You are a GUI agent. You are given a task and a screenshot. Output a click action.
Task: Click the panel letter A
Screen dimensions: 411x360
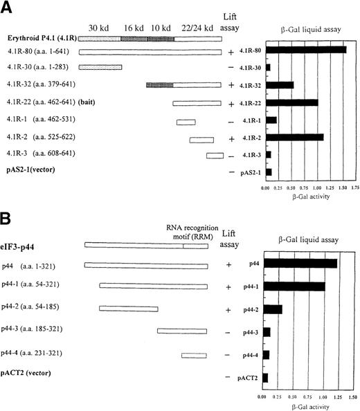[8, 8]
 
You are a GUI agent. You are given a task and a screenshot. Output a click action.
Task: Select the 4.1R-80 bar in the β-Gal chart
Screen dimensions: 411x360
[305, 50]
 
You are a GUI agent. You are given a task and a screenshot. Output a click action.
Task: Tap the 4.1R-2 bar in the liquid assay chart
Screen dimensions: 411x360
[294, 137]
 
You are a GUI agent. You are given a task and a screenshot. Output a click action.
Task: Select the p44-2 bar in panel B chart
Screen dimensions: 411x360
[272, 309]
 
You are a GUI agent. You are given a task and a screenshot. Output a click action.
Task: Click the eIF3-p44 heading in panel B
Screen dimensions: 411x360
[24, 245]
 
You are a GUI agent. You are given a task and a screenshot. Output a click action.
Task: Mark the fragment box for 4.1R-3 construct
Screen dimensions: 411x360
[215, 155]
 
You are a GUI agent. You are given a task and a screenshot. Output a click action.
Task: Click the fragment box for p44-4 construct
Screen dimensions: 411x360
[195, 355]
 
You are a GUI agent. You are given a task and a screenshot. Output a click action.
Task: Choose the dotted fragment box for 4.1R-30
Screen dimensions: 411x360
[100, 67]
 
